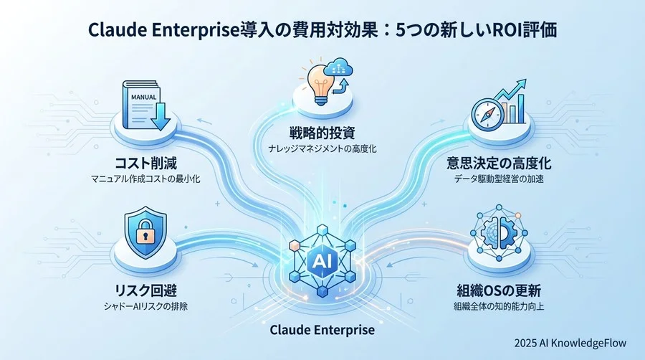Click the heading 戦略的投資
pos(323,133)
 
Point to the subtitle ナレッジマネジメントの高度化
pos(323,149)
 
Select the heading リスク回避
pos(145,293)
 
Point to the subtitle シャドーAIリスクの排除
pos(145,308)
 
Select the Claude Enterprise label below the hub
pos(322,331)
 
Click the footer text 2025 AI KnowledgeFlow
pos(573,343)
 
